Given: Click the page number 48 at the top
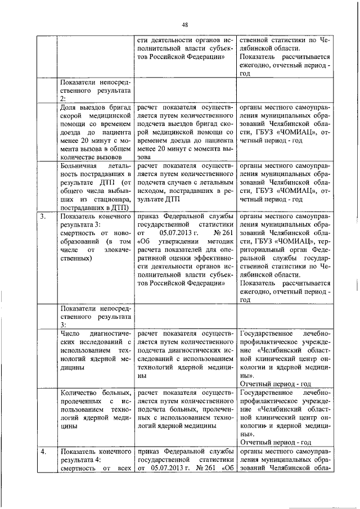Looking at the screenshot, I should point(184,24).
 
